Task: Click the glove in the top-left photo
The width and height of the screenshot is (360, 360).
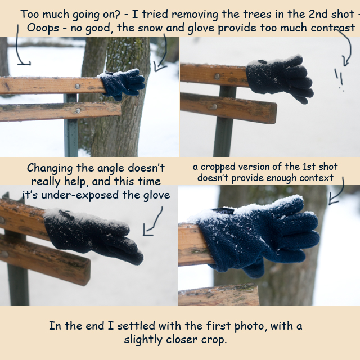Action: (x=121, y=84)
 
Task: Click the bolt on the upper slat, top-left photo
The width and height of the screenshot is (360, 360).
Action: (x=78, y=86)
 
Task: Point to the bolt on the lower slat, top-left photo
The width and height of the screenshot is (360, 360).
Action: (x=78, y=110)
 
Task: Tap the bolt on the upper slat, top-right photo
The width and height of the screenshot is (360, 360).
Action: (x=217, y=76)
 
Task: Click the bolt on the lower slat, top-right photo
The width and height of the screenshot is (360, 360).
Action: (x=214, y=106)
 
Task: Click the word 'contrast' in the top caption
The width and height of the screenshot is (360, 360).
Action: (x=333, y=28)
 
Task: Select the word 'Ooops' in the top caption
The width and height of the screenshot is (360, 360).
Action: (x=43, y=29)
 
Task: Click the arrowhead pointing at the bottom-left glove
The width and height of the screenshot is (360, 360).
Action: (x=147, y=232)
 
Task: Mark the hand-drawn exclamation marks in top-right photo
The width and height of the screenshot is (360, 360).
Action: (x=339, y=79)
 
